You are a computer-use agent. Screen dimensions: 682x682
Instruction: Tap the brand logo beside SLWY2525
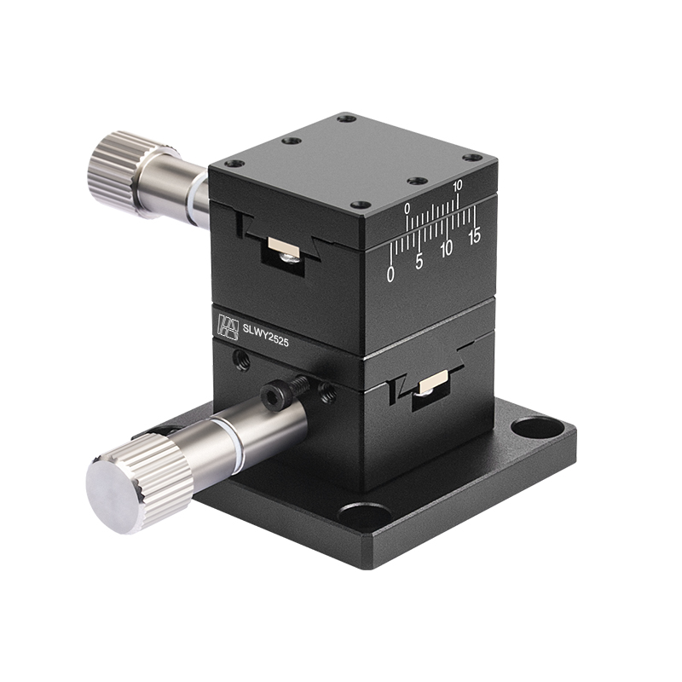pyautogui.click(x=228, y=325)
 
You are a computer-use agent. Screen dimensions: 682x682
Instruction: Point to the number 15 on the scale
pyautogui.click(x=474, y=235)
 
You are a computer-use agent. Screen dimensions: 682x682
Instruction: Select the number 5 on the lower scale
pyautogui.click(x=419, y=262)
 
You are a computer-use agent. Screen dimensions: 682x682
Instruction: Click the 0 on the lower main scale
pyautogui.click(x=390, y=274)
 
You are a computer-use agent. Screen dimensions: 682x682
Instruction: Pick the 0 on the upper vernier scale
pyautogui.click(x=407, y=207)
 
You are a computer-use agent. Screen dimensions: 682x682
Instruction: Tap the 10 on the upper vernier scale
pyautogui.click(x=457, y=185)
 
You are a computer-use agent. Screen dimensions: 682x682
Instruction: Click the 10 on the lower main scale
pyautogui.click(x=446, y=249)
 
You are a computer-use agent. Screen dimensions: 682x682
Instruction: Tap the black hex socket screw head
pyautogui.click(x=275, y=393)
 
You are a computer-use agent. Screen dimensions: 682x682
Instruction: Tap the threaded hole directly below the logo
pyautogui.click(x=241, y=360)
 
